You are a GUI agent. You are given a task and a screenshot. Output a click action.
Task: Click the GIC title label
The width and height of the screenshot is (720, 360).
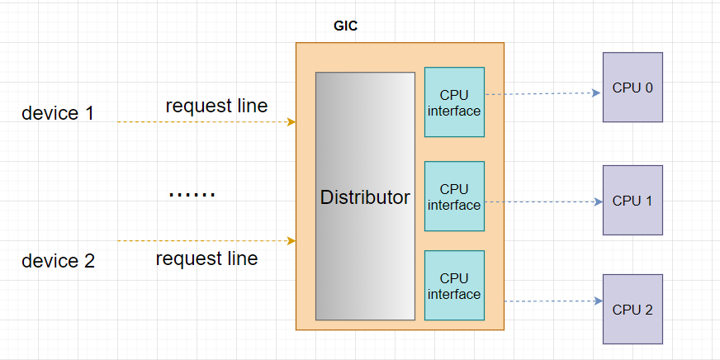click(345, 26)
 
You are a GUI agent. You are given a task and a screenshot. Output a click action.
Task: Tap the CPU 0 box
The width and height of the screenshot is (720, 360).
click(632, 88)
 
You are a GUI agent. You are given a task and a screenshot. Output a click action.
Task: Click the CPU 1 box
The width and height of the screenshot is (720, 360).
click(632, 201)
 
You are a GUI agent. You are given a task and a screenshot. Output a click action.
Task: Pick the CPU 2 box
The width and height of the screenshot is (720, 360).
click(632, 310)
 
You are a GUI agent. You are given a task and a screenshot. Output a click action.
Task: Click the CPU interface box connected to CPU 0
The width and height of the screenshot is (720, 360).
click(454, 102)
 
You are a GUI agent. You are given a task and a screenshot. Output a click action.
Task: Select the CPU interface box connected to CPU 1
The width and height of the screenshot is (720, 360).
click(454, 197)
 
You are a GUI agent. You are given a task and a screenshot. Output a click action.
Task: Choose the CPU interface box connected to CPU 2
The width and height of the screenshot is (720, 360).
click(454, 286)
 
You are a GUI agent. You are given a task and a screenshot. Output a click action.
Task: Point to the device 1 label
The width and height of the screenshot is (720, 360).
click(58, 113)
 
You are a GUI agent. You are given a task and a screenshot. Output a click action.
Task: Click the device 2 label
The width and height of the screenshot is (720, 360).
click(58, 261)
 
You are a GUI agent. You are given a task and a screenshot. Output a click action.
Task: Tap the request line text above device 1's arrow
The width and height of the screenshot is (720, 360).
click(216, 106)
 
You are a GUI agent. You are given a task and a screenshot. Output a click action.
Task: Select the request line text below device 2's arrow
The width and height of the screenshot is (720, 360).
click(206, 258)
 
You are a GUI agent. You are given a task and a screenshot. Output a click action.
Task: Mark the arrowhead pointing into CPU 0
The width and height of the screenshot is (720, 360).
click(596, 93)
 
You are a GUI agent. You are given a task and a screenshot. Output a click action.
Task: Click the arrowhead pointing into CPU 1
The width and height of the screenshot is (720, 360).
click(596, 201)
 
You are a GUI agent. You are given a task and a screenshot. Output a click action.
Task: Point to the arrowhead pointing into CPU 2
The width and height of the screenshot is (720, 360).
click(596, 301)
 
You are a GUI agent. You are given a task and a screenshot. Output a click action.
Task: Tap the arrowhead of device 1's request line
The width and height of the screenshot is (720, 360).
click(291, 122)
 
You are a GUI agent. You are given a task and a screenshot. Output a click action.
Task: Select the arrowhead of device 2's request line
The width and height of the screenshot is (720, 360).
click(291, 241)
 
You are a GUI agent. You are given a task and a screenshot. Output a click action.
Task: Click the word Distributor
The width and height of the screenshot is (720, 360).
click(365, 198)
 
